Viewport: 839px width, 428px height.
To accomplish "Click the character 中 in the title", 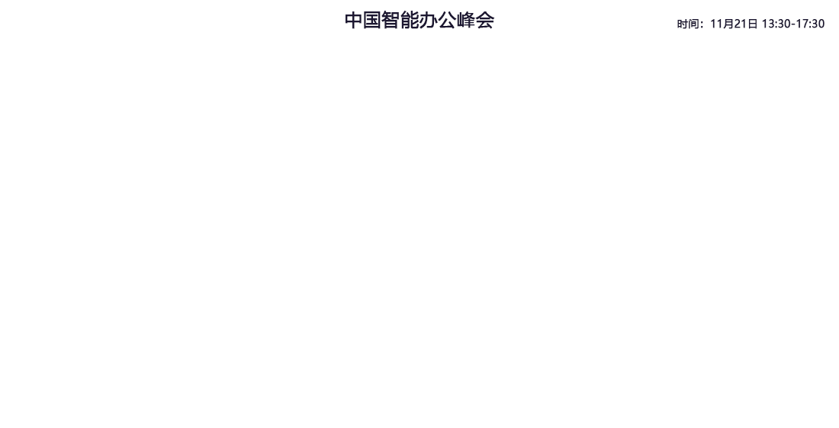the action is point(354,21).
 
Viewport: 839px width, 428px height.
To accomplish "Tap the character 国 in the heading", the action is point(372,21).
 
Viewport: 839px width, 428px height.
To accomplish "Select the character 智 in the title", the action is point(391,21).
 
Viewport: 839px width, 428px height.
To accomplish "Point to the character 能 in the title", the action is point(410,21).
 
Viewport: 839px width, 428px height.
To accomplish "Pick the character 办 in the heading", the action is point(429,21).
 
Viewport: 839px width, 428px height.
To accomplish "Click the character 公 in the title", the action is point(447,21).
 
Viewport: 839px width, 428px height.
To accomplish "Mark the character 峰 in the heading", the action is point(466,21).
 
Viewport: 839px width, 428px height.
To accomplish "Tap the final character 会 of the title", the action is point(485,21).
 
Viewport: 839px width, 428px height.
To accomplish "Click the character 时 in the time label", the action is point(682,24).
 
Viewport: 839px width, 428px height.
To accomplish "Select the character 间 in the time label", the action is point(693,24).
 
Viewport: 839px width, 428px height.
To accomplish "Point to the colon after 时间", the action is point(702,25).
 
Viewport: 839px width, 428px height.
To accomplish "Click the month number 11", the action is point(716,24).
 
